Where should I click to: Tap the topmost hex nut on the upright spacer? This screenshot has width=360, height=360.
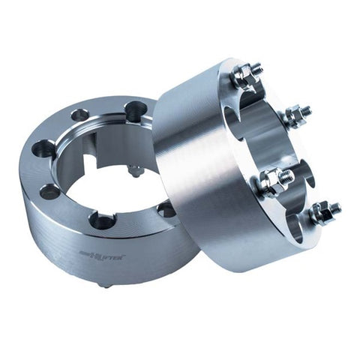tap(242, 75)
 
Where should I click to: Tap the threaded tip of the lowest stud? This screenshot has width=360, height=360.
tap(334, 208)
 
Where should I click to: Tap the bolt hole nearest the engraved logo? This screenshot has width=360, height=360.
tap(102, 220)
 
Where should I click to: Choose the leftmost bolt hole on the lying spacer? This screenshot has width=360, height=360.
tap(44, 149)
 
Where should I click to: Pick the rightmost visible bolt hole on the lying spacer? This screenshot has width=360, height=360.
tap(166, 209)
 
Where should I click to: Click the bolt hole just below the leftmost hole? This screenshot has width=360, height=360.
tap(50, 192)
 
